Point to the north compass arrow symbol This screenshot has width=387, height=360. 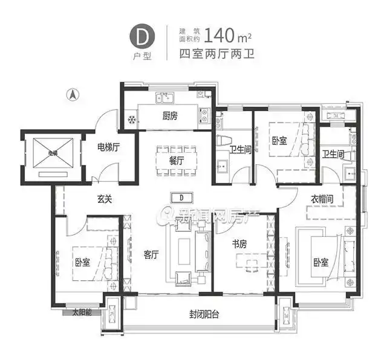(71, 94)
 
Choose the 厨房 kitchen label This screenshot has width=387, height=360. (170, 117)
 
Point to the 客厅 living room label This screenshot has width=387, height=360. (151, 254)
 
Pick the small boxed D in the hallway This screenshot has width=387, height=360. (181, 198)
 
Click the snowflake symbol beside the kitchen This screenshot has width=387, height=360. (130, 119)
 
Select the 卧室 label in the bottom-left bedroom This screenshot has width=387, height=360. (82, 263)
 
